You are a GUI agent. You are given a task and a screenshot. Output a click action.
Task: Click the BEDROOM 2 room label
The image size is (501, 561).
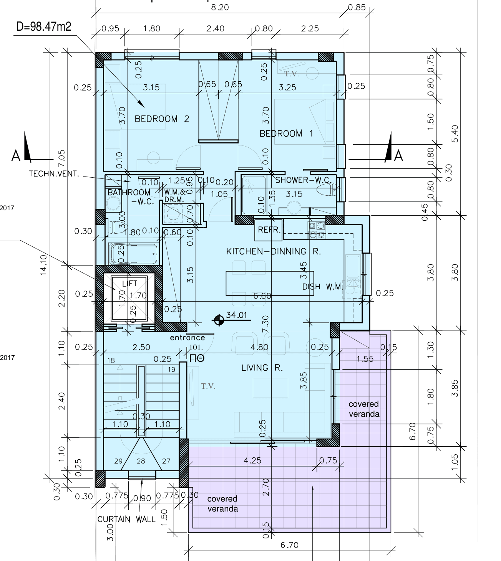pyautogui.click(x=162, y=119)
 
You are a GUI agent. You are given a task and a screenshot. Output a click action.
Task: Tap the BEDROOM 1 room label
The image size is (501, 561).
pyautogui.click(x=286, y=134)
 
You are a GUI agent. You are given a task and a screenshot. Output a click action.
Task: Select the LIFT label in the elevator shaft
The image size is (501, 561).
pyautogui.click(x=129, y=284)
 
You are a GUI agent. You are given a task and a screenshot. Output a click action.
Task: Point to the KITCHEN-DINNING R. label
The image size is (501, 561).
pyautogui.click(x=273, y=252)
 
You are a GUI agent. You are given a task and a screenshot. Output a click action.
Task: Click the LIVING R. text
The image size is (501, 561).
pyautogui.click(x=262, y=368)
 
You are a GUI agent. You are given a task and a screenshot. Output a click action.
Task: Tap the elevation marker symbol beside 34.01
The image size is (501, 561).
pyautogui.click(x=219, y=320)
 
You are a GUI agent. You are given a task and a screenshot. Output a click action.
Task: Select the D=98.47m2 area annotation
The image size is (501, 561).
pyautogui.click(x=43, y=26)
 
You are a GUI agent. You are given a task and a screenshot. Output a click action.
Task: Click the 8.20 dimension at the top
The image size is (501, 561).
pyautogui.click(x=220, y=7)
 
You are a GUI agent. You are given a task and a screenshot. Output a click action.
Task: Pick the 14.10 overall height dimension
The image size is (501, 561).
pyautogui.click(x=43, y=265)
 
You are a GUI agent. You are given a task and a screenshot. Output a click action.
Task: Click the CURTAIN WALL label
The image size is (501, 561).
pyautogui.click(x=126, y=520)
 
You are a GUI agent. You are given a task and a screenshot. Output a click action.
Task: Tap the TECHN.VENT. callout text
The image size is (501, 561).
pyautogui.click(x=54, y=174)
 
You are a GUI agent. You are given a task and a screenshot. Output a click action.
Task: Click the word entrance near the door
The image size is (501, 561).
pyautogui.click(x=187, y=338)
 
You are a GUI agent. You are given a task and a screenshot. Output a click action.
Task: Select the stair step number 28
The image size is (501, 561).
pyautogui.click(x=141, y=461)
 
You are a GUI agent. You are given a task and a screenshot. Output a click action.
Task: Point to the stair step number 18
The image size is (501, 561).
pyautogui.click(x=111, y=360)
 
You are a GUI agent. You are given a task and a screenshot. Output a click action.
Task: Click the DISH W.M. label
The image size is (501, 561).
pyautogui.click(x=322, y=287)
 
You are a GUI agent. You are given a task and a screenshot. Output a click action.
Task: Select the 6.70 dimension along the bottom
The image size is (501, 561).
pyautogui.click(x=289, y=545)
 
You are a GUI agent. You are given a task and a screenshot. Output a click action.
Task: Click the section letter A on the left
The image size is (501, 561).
pyautogui.click(x=16, y=156)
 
